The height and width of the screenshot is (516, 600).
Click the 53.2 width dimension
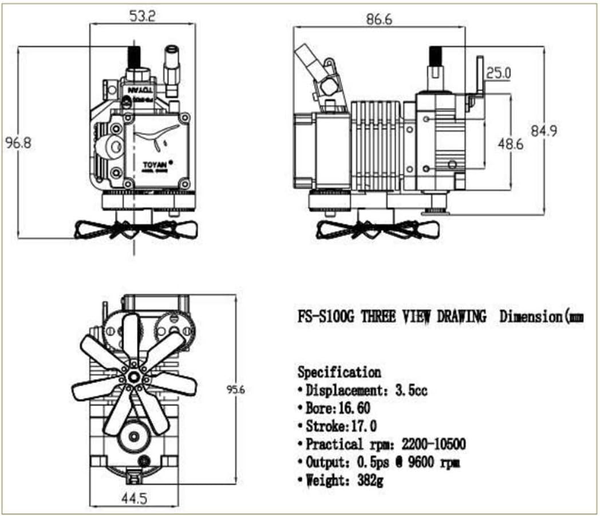pos(142,17)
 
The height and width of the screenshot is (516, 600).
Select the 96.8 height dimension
pos(18,143)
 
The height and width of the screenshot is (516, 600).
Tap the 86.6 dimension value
pos(379,19)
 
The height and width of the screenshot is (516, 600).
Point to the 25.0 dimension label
pos(499,73)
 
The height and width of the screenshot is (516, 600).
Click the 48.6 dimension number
pos(510,144)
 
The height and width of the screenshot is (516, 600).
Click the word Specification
pos(339,372)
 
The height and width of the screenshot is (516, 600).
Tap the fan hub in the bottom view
pos(134,376)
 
